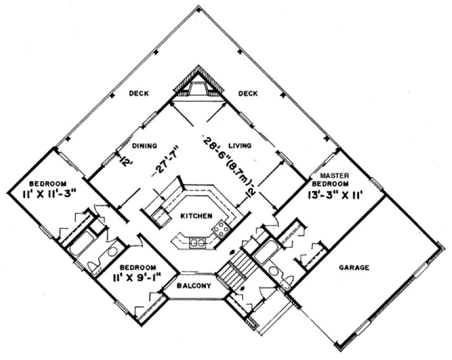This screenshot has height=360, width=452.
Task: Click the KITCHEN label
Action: pos(196,216)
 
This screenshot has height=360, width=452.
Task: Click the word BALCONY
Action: pos(193,286)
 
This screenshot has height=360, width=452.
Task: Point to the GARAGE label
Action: pos(354,267)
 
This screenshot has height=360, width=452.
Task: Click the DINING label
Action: pos(145,145)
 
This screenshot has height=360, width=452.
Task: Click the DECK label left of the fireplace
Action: pos(139,93)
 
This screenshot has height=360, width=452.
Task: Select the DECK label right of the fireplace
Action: pos(248,93)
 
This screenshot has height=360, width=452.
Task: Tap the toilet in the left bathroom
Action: pos(96,266)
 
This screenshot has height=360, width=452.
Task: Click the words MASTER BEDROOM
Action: pos(334,179)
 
